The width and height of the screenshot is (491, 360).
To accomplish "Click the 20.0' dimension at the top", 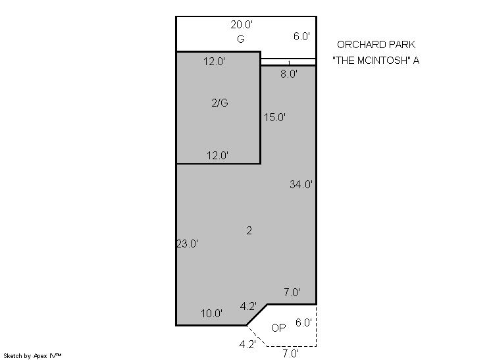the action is (x=242, y=24).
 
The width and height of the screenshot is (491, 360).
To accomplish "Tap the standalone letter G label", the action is (x=240, y=39).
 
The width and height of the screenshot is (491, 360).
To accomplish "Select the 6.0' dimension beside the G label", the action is (x=301, y=36).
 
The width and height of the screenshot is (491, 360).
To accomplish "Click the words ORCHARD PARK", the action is (x=376, y=45).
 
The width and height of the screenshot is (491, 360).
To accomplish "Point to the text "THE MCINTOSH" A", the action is (x=376, y=60).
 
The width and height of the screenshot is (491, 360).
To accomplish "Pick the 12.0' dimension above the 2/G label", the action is (x=214, y=61).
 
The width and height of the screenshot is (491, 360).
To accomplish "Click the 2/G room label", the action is (x=220, y=103).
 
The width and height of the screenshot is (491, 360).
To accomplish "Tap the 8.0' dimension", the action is (x=289, y=74).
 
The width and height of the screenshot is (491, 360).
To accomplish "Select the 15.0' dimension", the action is (x=274, y=117).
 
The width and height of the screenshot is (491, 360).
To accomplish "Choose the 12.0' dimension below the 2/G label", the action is (x=217, y=155).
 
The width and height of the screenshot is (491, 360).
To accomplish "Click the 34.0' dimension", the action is (x=301, y=184).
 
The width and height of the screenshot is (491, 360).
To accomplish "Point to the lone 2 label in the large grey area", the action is (x=249, y=231).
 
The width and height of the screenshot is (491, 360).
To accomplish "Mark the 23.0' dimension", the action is (x=188, y=244).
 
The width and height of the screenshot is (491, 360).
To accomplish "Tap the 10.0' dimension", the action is (x=212, y=313).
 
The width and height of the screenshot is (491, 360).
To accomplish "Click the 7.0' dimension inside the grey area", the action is (x=292, y=292).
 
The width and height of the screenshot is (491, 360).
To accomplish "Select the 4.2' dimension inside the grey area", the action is (x=248, y=306).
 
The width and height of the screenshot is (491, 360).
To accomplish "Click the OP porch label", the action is (x=278, y=328).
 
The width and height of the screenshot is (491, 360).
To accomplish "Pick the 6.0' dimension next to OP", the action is (x=303, y=322).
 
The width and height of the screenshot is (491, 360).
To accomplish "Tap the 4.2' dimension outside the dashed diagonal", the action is (x=247, y=344).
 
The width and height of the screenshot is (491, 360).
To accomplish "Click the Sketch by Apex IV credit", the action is (x=32, y=356).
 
